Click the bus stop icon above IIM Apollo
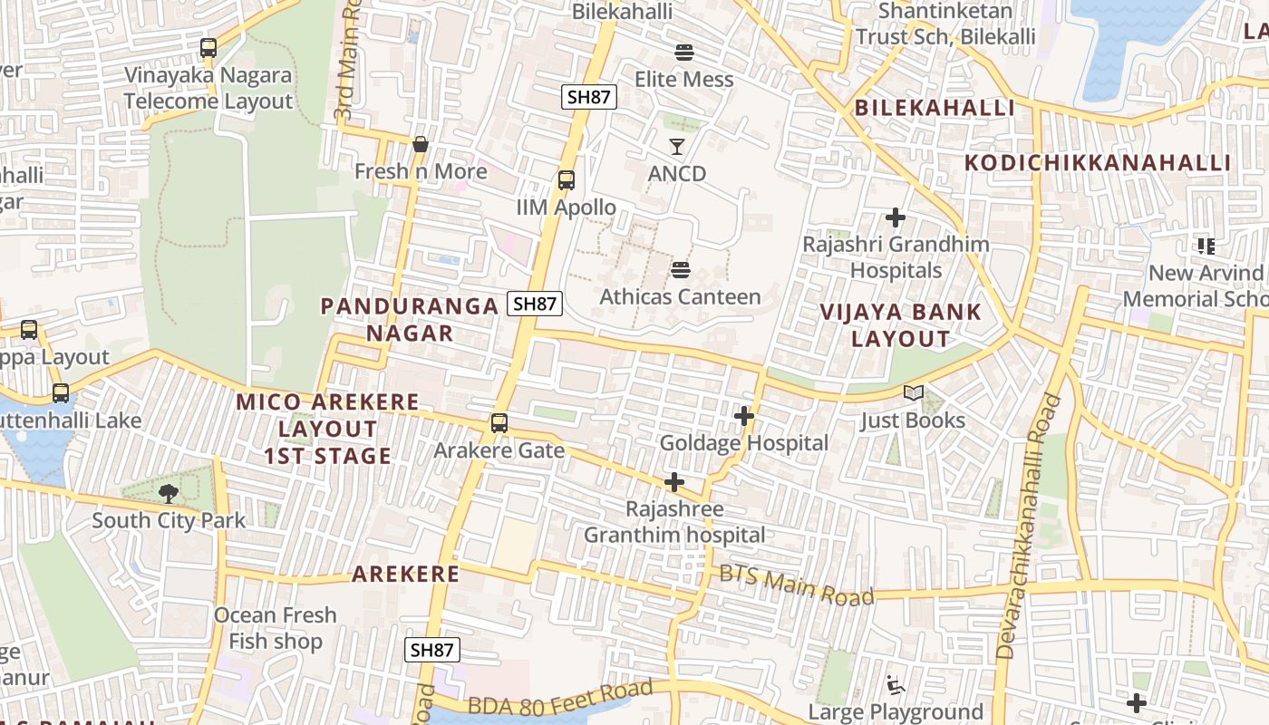567,179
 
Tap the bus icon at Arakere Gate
499,422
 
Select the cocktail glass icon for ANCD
677,146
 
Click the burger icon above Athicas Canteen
681,269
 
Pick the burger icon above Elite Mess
683,52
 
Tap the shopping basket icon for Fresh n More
420,144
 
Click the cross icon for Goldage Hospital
744,416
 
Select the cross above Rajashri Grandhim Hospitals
896,217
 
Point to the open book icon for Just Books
914,393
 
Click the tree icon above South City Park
169,493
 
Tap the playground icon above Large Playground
896,685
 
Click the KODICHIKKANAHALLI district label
1098,163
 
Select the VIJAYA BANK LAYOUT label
901,325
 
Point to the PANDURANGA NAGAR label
410,319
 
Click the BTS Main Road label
797,585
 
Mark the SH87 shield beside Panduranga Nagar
535,304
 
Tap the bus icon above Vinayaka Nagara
208,47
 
